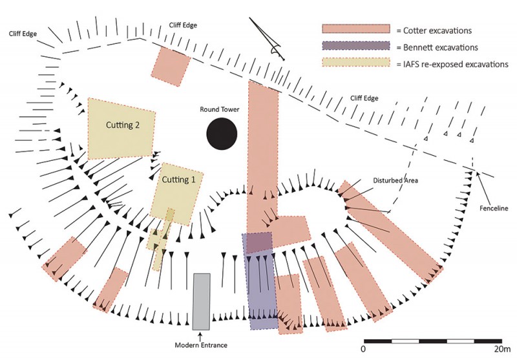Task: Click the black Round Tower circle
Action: point(222,134)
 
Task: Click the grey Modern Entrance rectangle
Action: point(202,302)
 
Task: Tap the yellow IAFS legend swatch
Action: point(356,64)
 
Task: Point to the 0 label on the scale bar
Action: point(364,349)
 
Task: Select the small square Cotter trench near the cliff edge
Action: point(171,66)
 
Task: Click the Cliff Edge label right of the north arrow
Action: point(364,98)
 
